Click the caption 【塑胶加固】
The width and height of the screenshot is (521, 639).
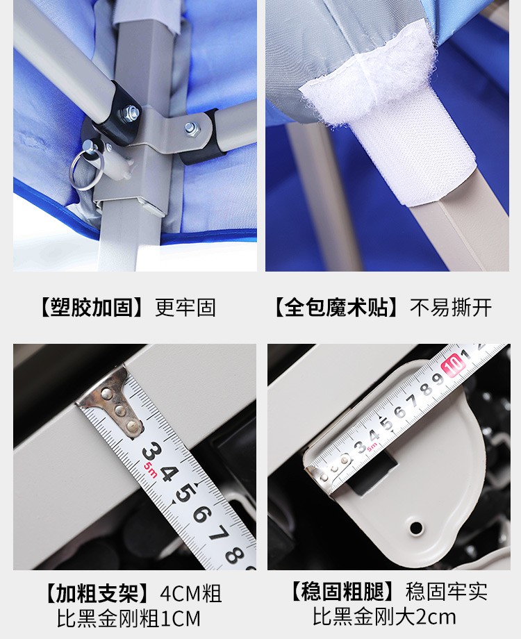(91, 308)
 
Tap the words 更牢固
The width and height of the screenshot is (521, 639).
(185, 308)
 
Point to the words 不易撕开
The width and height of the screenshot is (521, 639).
(451, 308)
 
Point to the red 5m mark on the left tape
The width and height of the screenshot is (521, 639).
(149, 470)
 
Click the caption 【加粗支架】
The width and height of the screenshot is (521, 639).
(97, 593)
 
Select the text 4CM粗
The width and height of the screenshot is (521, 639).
(191, 593)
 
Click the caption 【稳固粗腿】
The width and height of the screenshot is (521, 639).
(342, 591)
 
